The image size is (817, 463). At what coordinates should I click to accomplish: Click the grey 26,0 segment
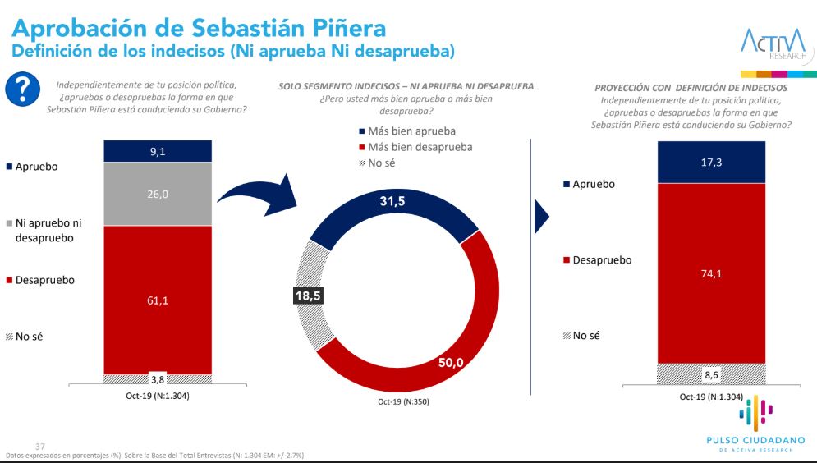coord(158,194)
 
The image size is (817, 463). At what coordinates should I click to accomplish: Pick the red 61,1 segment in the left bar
coord(158,300)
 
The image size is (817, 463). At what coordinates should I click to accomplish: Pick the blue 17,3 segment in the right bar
coord(712,162)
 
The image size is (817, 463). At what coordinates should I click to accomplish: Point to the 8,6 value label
coord(712,374)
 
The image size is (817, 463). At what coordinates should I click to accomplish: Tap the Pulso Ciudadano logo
coord(755,423)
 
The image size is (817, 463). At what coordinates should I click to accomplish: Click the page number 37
coord(30,446)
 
